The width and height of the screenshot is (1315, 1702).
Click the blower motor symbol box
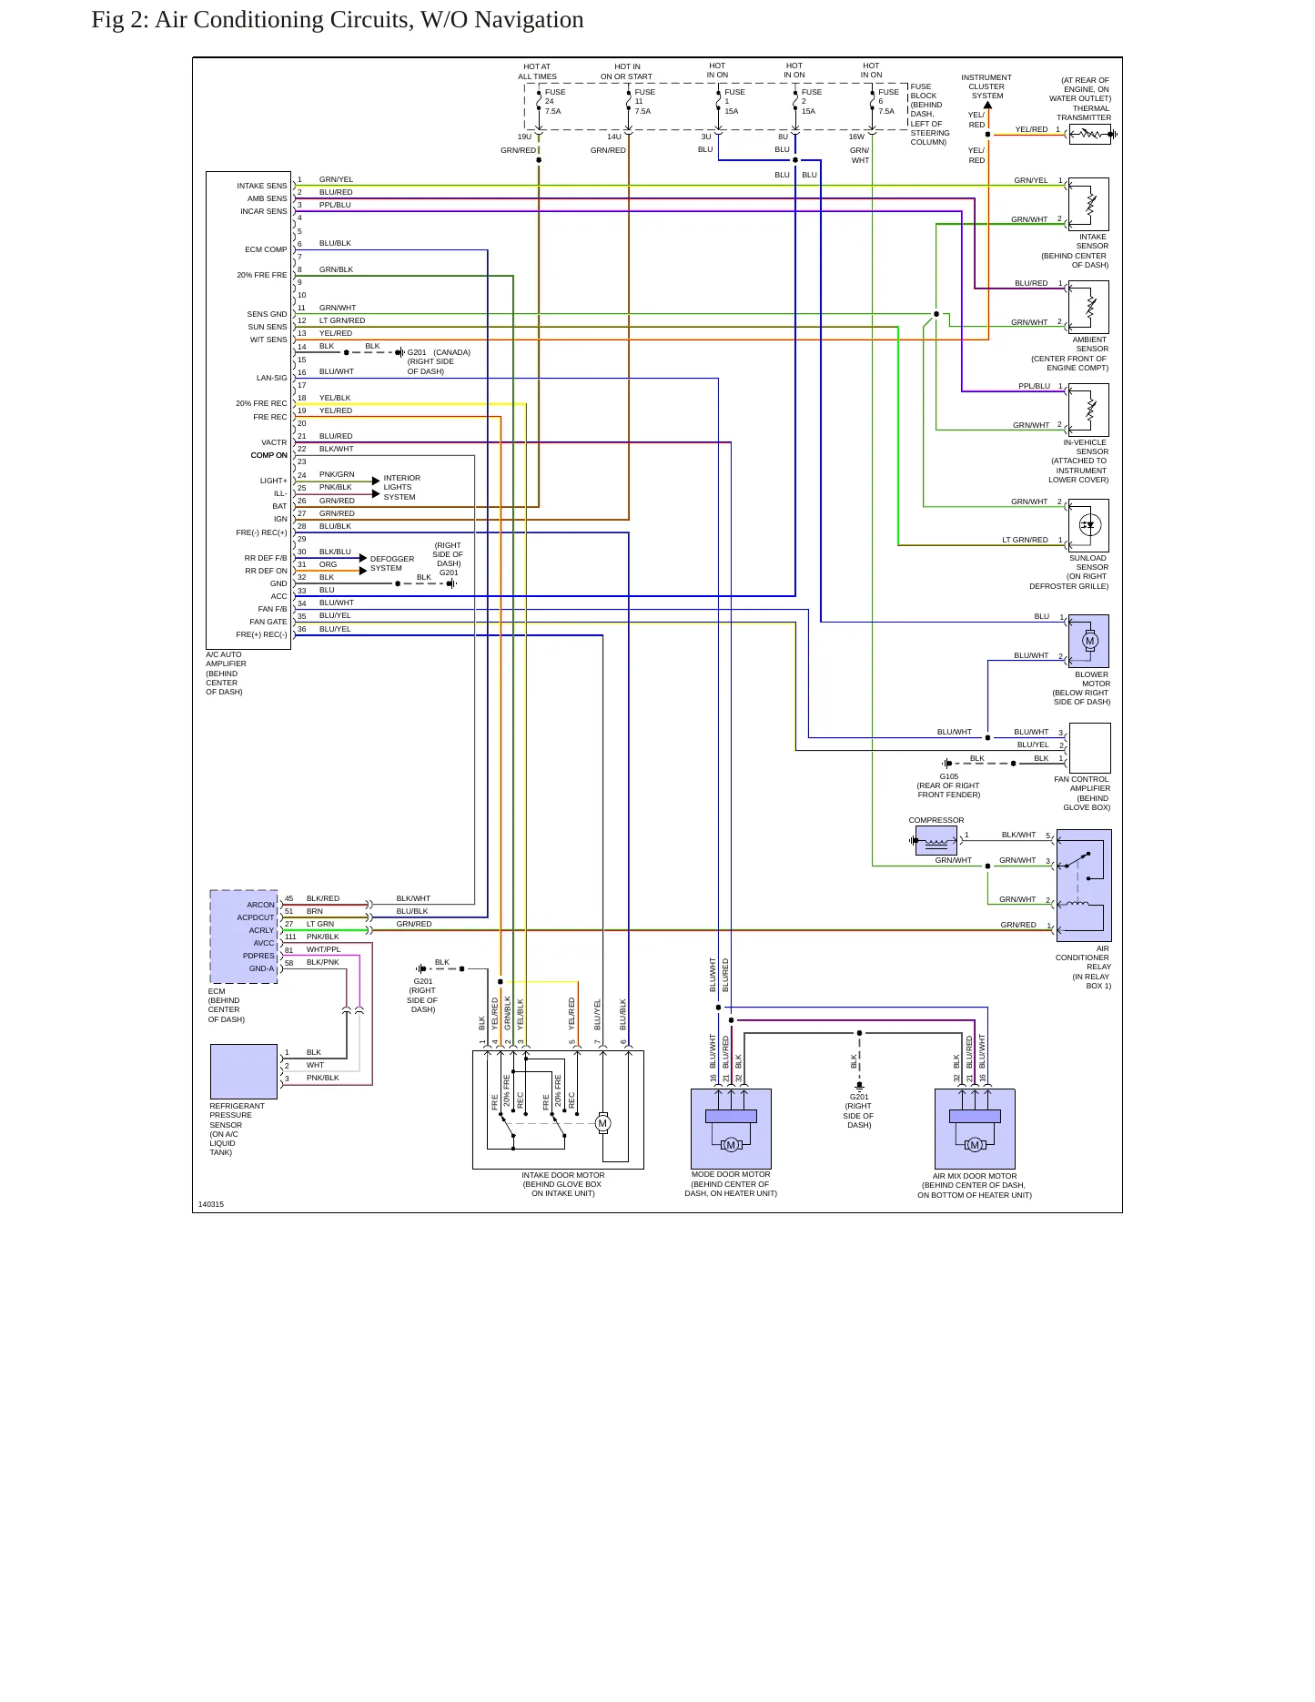(x=1088, y=641)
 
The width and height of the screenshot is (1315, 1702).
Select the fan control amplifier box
(x=1090, y=747)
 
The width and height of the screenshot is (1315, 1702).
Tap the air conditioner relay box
(x=1084, y=885)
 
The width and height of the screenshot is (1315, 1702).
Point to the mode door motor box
(x=731, y=1129)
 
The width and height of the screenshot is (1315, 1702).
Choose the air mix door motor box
(x=975, y=1129)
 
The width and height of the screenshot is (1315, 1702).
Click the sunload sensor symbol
(x=1089, y=525)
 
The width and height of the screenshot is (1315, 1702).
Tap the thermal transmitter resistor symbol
(x=1090, y=135)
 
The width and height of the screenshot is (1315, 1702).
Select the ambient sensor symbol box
(x=1089, y=307)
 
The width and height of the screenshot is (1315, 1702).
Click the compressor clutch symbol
(x=936, y=841)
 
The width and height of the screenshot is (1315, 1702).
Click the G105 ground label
(x=949, y=776)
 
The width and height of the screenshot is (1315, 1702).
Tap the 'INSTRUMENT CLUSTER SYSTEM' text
(x=986, y=86)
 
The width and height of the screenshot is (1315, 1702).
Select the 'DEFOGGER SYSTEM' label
(x=392, y=563)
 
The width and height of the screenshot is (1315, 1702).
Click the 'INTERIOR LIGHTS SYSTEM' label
(x=401, y=487)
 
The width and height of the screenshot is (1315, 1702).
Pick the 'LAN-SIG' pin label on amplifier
(x=271, y=378)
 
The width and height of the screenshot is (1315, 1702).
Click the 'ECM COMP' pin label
(x=266, y=249)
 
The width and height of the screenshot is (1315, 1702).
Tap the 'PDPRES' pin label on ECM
(x=258, y=956)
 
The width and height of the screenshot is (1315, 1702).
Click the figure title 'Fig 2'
(x=119, y=20)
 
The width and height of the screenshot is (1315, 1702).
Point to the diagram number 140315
(x=211, y=1204)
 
